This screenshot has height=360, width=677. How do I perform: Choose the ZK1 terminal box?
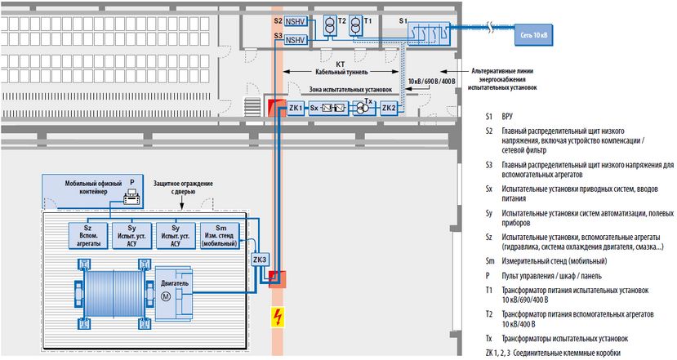[x=296, y=108]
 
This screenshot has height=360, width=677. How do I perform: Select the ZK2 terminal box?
[x=389, y=108]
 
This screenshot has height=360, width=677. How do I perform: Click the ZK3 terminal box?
[x=260, y=260]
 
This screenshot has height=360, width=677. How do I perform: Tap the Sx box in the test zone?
[x=314, y=108]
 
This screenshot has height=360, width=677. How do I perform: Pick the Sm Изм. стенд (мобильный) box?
[x=217, y=235]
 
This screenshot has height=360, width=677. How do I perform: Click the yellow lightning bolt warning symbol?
[x=277, y=317]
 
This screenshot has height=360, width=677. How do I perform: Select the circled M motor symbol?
[x=167, y=296]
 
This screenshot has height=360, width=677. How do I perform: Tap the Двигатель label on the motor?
[x=175, y=282]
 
